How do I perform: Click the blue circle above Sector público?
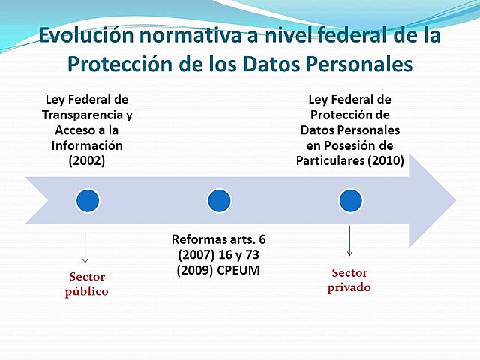87,200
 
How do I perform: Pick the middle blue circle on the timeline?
217,200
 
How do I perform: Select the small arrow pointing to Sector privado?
349,242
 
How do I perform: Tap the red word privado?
349,287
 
